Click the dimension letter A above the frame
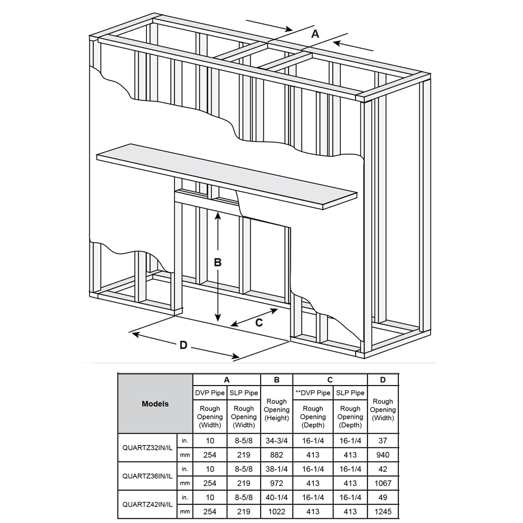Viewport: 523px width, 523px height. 315,34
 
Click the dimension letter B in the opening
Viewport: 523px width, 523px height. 218,262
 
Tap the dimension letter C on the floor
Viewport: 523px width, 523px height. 259,323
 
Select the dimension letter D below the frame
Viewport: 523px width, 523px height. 183,345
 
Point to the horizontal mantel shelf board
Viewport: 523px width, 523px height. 226,175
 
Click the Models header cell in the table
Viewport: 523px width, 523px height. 155,404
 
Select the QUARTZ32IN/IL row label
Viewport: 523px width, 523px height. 147,447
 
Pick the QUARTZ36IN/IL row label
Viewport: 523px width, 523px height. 147,476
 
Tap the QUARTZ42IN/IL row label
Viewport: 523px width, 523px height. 147,504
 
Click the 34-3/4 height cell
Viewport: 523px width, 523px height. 276,441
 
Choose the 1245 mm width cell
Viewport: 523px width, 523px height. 383,512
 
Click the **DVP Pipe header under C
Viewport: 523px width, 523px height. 313,393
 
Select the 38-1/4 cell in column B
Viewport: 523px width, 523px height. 276,469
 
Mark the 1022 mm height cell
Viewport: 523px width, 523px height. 276,512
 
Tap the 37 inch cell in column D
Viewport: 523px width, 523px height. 383,441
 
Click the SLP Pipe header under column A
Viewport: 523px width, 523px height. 243,393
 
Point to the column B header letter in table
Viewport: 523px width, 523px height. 276,380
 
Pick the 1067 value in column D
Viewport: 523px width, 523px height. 383,483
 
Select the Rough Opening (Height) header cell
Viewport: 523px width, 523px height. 276,409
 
